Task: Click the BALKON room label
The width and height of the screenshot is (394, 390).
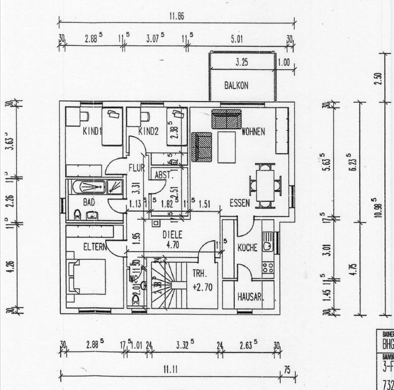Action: pyautogui.click(x=236, y=86)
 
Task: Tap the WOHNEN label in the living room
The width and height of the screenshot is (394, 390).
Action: pyautogui.click(x=253, y=132)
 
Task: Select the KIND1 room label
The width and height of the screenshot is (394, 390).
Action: pyautogui.click(x=92, y=132)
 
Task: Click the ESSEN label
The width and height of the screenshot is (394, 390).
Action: pyautogui.click(x=240, y=203)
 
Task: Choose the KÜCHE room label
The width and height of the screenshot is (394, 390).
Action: pyautogui.click(x=247, y=248)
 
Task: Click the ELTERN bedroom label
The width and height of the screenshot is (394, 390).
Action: pyautogui.click(x=95, y=247)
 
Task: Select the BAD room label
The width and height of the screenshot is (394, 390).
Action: pyautogui.click(x=89, y=202)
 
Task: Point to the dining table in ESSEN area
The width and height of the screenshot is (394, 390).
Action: pyautogui.click(x=265, y=185)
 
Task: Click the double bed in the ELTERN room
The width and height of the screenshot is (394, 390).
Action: pyautogui.click(x=88, y=276)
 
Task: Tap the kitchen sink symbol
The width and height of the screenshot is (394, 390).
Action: pyautogui.click(x=268, y=242)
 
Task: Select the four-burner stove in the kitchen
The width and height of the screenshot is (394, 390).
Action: pyautogui.click(x=268, y=268)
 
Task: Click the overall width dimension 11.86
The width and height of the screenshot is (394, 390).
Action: pyautogui.click(x=176, y=16)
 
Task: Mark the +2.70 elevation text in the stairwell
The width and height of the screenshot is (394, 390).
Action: pyautogui.click(x=202, y=287)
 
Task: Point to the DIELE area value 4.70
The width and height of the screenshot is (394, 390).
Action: pyautogui.click(x=172, y=244)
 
